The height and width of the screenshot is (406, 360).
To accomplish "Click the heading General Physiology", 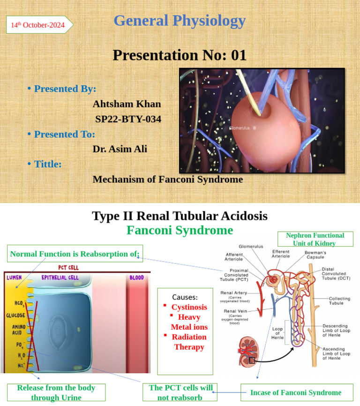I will click(180, 21).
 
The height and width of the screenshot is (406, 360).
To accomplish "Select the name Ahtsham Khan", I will click(127, 104).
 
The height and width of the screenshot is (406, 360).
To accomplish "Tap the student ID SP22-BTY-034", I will click(128, 119).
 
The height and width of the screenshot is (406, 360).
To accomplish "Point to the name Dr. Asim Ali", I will click(120, 149).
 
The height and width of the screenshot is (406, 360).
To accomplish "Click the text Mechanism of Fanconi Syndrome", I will click(168, 179).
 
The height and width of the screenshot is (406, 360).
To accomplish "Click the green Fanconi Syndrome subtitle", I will click(180, 230).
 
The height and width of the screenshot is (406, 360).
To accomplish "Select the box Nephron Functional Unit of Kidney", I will click(315, 239).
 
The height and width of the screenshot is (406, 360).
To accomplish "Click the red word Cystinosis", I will click(189, 307).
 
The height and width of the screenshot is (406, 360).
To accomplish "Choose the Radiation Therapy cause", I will click(189, 342).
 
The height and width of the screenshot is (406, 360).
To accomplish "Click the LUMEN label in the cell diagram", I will click(15, 278).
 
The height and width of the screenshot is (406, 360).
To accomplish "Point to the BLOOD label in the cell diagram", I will click(136, 278).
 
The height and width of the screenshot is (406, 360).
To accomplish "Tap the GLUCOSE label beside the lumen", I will click(15, 316).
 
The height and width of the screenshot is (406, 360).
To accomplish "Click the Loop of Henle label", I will click(277, 333).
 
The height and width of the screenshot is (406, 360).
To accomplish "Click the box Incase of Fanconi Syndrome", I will click(295, 392).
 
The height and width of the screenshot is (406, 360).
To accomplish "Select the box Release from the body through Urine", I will click(56, 392).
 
